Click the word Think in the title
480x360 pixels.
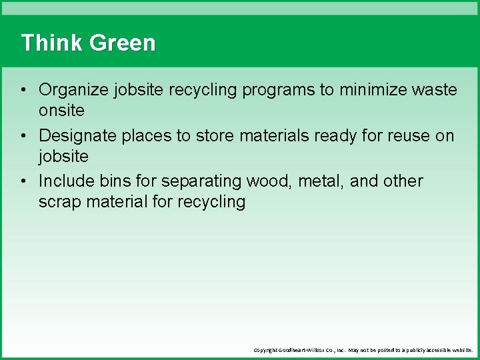52,43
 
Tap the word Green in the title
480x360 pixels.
122,43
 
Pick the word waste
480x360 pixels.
435,90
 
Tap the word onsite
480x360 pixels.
61,110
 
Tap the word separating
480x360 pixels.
203,181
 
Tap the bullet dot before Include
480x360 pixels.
23,182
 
